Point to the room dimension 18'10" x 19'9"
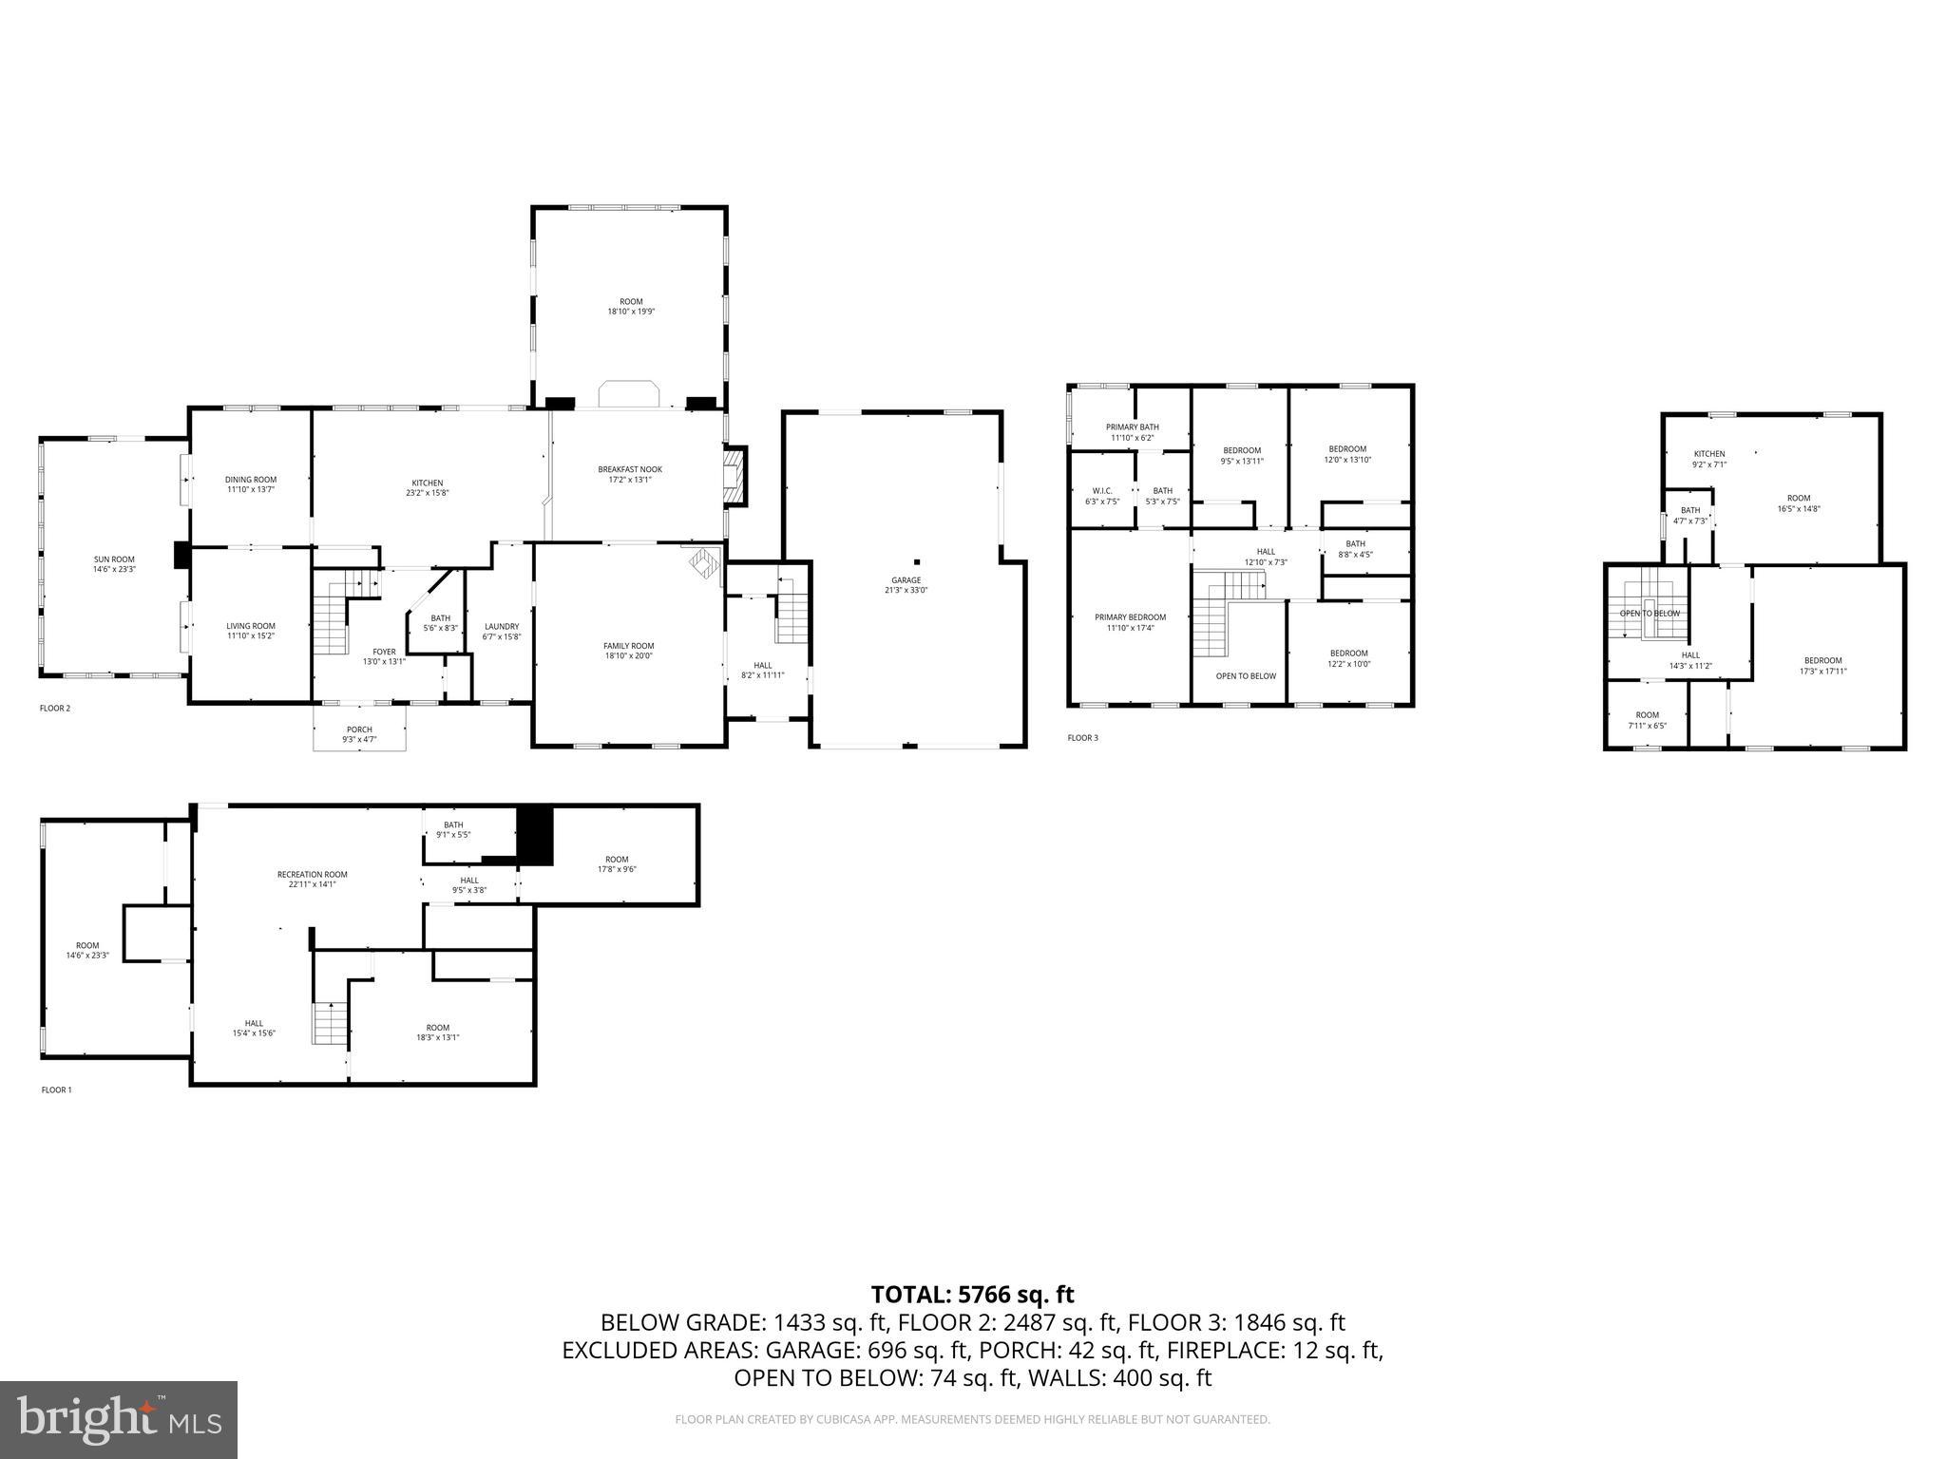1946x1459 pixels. coord(631,312)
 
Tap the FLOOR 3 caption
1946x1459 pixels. coord(1082,738)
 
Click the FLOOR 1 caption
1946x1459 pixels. coord(56,1090)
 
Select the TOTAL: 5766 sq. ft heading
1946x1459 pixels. coord(972,1294)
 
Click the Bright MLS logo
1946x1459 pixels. coord(119,1419)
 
